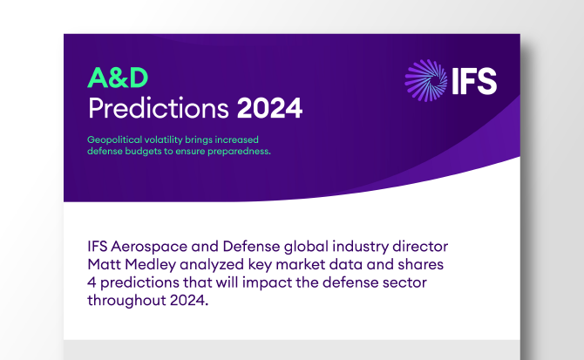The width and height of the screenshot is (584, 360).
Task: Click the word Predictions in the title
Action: pos(159,109)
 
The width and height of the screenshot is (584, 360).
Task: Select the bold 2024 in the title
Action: pos(269,109)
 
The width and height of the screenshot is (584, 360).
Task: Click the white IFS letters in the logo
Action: pos(473,81)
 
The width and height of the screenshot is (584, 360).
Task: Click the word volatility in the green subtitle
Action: pos(177,139)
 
